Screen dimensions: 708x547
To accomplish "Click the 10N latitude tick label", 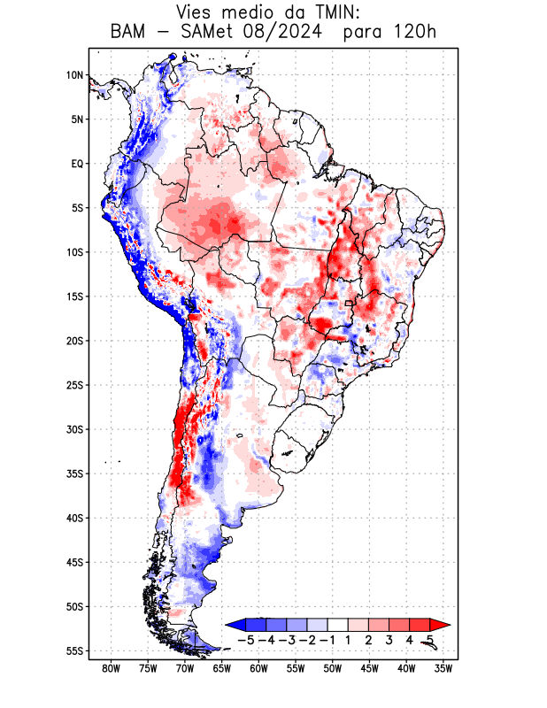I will point(74,75).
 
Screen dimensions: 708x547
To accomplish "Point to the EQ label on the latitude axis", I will point(77,164).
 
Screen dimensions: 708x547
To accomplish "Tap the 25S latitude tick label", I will point(74,385).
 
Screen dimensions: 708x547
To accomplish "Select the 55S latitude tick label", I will point(74,650).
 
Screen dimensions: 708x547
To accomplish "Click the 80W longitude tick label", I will point(112,668).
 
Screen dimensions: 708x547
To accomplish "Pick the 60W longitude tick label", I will point(258,668).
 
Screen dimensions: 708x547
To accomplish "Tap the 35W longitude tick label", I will point(443,668).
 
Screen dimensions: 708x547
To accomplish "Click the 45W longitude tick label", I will point(369,668).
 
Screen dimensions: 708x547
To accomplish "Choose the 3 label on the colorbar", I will point(389,639).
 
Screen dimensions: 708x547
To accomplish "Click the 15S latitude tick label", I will point(74,296).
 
